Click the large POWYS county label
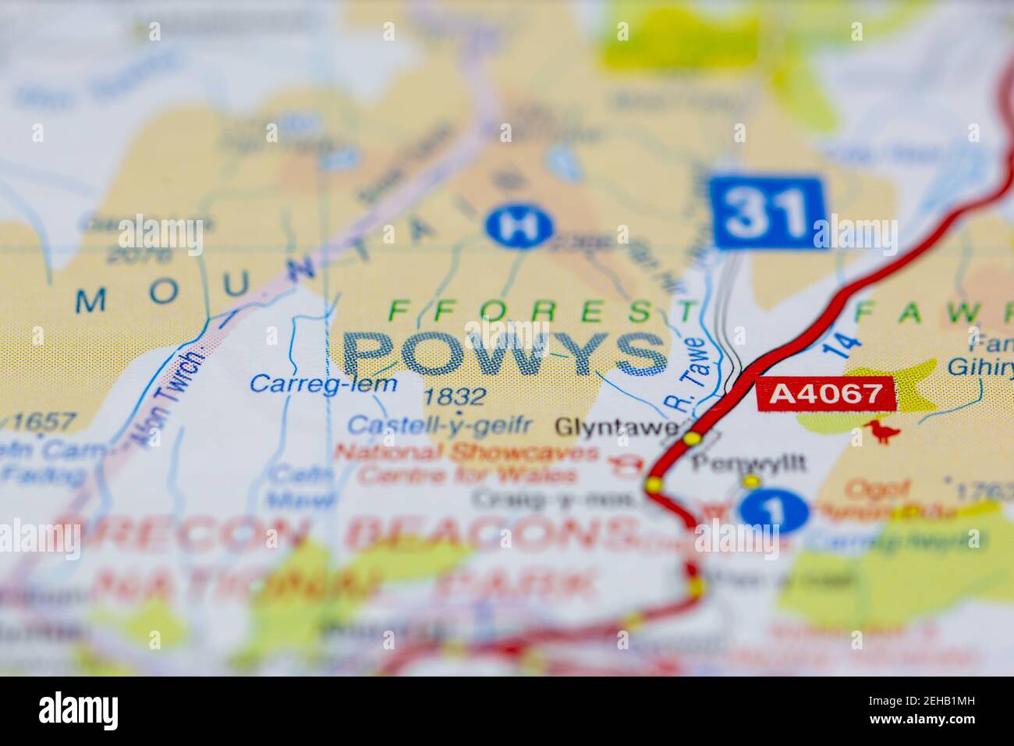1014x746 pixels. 505,354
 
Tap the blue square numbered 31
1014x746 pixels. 768,212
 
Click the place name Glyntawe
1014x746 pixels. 616,427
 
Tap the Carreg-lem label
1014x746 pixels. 323,383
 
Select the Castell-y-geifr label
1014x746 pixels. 439,425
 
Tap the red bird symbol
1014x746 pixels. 881,432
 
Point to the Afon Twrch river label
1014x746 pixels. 168,398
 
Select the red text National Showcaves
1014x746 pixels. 468,453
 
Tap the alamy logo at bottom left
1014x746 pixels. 79,711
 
